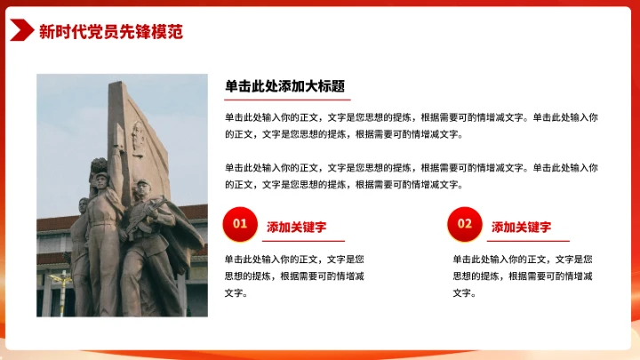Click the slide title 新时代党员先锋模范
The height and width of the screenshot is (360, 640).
(x=112, y=32)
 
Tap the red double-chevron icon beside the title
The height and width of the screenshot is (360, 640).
(x=22, y=32)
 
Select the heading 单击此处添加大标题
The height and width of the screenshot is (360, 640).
(x=284, y=86)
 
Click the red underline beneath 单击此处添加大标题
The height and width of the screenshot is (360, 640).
(x=284, y=99)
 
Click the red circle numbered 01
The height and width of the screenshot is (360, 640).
(x=240, y=224)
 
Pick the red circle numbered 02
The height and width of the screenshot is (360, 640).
(x=465, y=224)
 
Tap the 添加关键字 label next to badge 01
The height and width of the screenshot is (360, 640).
(x=297, y=227)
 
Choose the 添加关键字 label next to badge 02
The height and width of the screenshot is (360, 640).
(x=522, y=227)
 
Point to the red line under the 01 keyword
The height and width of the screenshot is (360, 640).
(x=302, y=240)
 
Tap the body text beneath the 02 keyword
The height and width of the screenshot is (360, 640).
(x=523, y=276)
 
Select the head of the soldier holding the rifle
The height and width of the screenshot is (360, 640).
(x=143, y=188)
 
